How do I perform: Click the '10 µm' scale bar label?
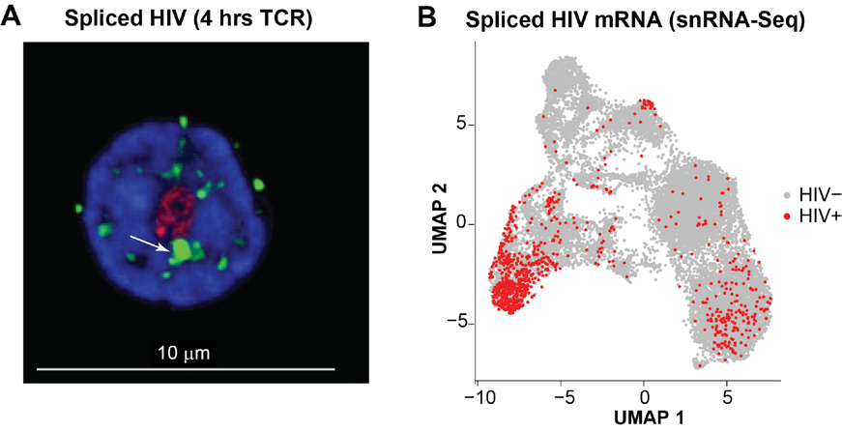click(x=182, y=353)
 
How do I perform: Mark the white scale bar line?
click(x=186, y=369)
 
